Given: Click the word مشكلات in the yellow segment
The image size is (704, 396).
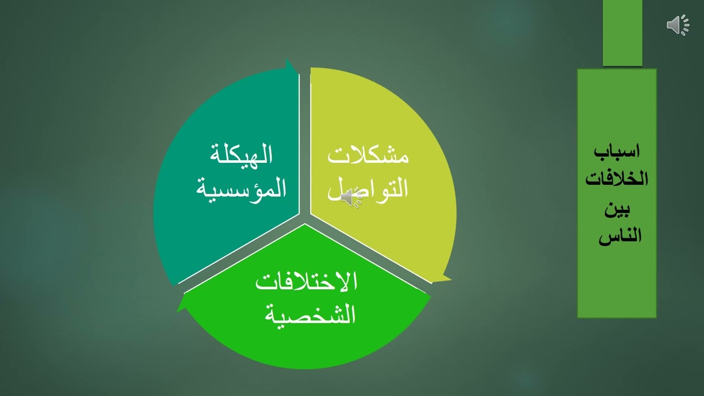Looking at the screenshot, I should tap(368, 156).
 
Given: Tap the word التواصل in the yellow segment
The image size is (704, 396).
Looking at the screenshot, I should tap(368, 188).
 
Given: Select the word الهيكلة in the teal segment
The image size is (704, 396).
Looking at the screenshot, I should tap(241, 155).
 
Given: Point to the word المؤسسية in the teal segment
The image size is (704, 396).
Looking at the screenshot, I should tap(241, 188).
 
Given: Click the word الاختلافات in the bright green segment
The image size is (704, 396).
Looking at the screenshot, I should tap(306, 282).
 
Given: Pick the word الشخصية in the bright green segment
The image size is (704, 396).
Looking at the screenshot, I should tap(311, 315).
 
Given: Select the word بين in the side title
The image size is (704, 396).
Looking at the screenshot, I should tap(617, 210).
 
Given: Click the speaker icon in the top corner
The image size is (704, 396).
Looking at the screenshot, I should tap(678, 25).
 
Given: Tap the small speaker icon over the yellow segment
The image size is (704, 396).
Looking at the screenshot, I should tap(351, 198).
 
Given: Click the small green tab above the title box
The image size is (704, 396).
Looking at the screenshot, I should tap(622, 33).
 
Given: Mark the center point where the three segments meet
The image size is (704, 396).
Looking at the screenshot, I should tap(305, 218).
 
